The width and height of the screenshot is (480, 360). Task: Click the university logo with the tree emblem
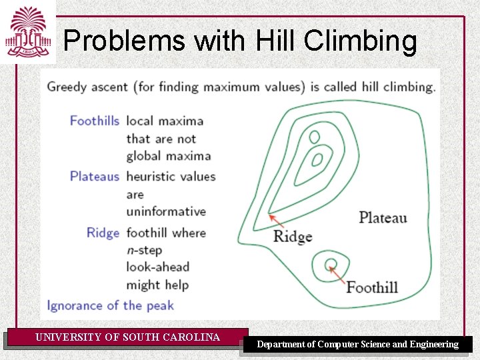(x=27, y=31)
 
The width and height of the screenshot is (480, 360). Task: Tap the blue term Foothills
(x=95, y=121)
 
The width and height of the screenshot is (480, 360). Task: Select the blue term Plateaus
(x=95, y=177)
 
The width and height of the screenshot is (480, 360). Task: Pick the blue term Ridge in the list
(x=103, y=233)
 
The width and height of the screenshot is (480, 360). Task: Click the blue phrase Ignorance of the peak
(x=110, y=305)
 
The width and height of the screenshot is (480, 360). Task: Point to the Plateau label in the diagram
(x=383, y=217)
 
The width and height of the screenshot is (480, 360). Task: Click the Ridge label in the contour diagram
(x=293, y=236)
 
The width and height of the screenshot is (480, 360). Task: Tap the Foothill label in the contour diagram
(x=371, y=287)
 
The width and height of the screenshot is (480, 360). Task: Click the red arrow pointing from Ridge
(x=280, y=222)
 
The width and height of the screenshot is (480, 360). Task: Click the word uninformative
(x=166, y=211)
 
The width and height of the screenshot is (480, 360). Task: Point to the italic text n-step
(x=144, y=250)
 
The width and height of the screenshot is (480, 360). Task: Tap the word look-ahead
(x=158, y=267)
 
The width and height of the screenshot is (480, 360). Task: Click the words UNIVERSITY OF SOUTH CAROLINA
(x=127, y=337)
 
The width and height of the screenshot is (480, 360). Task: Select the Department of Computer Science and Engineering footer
(x=358, y=345)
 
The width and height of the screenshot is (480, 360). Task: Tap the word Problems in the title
(x=125, y=41)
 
